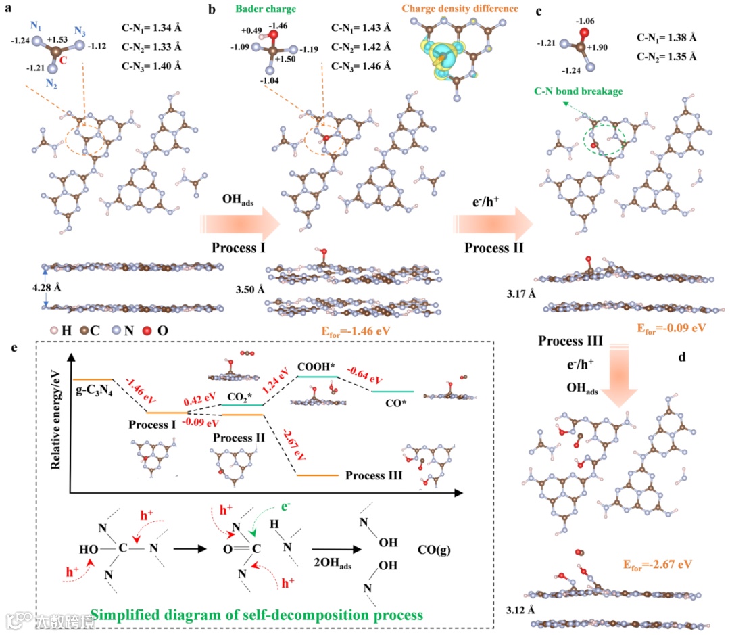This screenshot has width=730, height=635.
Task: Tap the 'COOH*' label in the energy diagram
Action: point(316,366)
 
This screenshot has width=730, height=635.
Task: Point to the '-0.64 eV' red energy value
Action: point(365,376)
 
